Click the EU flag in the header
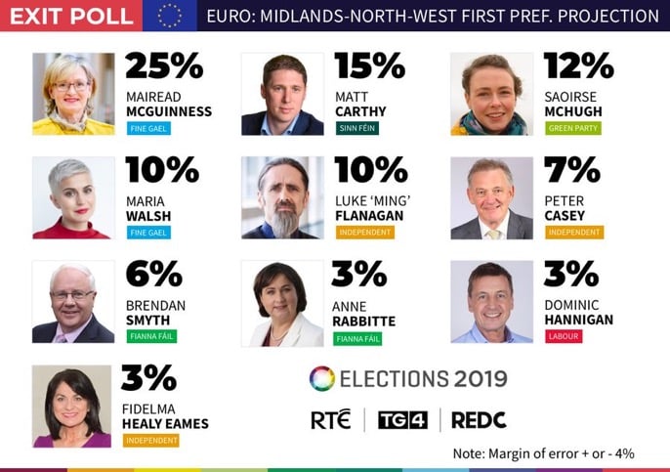(x=169, y=16)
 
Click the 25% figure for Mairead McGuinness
(x=164, y=66)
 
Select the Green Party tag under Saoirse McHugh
(x=572, y=128)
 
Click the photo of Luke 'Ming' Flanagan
(x=282, y=197)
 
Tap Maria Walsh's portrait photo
(x=73, y=197)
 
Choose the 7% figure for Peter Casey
(x=571, y=170)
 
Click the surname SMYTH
(x=148, y=320)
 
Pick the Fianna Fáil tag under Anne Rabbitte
(x=357, y=339)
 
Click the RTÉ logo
(x=330, y=420)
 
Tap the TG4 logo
(x=400, y=420)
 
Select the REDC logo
(x=480, y=420)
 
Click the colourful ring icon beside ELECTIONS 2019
(x=321, y=378)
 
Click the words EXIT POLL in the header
(x=69, y=16)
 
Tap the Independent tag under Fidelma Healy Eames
(x=151, y=441)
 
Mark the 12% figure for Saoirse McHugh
(x=578, y=66)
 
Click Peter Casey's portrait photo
(x=491, y=197)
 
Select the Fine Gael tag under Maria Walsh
(x=148, y=233)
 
